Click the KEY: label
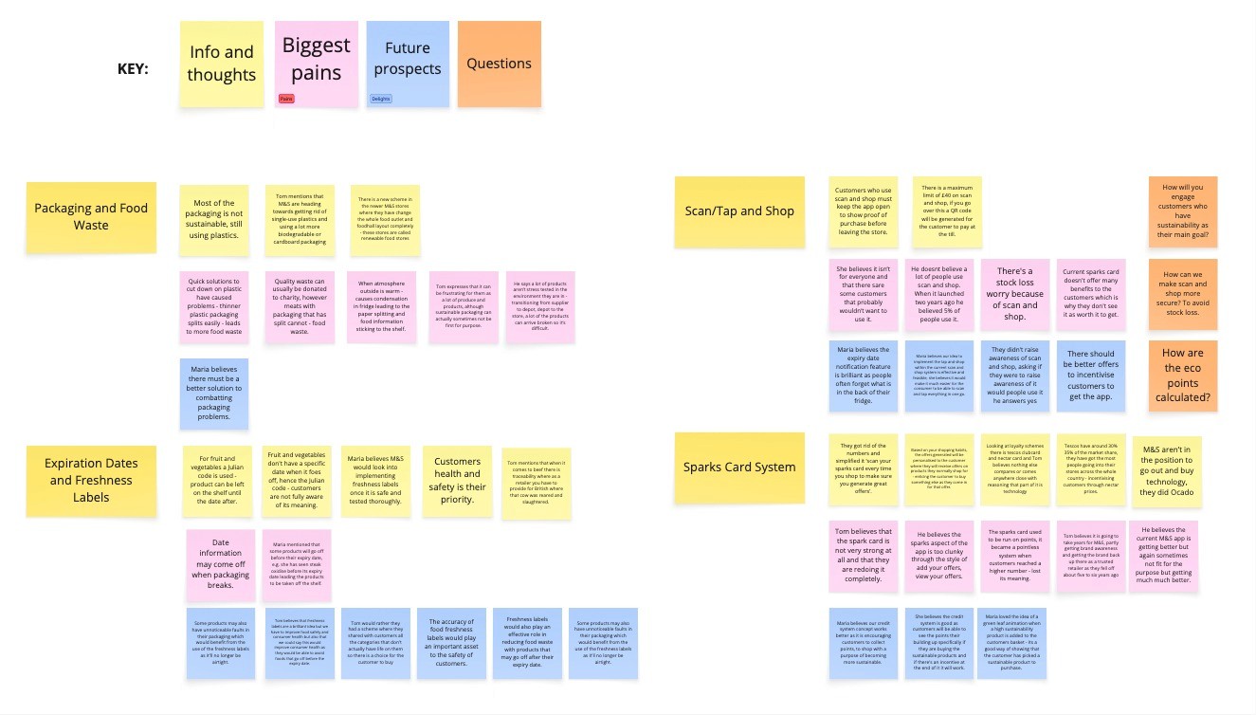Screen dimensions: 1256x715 (x=133, y=69)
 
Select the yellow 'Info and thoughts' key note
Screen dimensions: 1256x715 (x=222, y=64)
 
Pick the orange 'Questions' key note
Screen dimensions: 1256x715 (x=499, y=64)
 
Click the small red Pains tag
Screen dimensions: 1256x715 (x=286, y=99)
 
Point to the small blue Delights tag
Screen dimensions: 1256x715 (x=380, y=99)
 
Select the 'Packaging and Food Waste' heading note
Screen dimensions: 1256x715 (x=91, y=217)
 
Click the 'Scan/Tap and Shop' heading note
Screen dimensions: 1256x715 (x=739, y=211)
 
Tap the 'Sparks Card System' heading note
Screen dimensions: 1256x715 (x=738, y=467)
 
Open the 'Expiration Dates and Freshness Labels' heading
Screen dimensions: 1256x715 (x=91, y=480)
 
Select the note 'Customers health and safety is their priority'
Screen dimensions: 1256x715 (x=458, y=481)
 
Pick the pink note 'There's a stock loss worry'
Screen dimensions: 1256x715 (x=1014, y=293)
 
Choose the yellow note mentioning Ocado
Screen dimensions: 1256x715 (x=1167, y=471)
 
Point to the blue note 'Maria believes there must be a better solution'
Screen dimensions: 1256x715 (x=214, y=393)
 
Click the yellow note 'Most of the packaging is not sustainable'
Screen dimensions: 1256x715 (x=214, y=220)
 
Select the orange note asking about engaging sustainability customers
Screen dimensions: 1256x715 (x=1183, y=211)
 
